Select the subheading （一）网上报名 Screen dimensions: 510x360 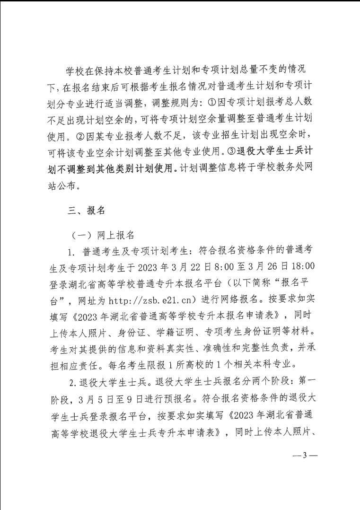(103, 235)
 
